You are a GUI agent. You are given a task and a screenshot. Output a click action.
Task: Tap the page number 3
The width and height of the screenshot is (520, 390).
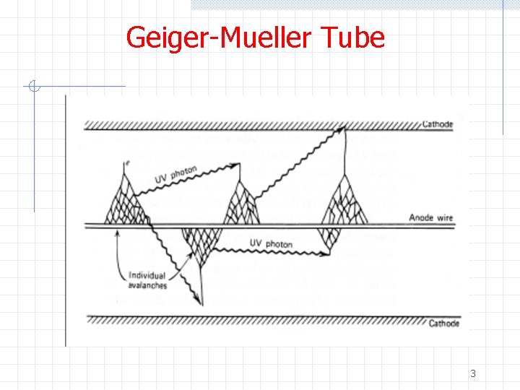tap(473, 373)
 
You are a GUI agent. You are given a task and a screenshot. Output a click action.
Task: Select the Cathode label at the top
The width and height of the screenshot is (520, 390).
tap(437, 124)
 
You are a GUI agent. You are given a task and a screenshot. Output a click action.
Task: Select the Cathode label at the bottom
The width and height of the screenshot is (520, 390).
tap(443, 323)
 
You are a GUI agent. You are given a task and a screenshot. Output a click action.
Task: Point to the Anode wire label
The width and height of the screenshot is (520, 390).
tap(431, 218)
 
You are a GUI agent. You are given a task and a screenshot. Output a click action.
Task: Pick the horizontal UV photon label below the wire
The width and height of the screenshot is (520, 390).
tap(271, 244)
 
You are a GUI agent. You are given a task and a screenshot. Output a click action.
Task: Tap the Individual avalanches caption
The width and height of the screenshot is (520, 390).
tap(147, 280)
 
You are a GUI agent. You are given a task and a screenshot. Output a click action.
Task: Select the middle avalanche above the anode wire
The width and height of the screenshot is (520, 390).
tap(239, 204)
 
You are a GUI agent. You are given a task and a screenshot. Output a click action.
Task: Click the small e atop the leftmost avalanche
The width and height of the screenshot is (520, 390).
tap(126, 164)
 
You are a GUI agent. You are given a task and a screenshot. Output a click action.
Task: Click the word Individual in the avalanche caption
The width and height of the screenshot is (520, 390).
tap(147, 275)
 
